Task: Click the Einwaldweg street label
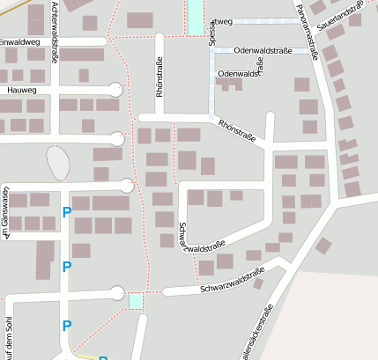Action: click(20, 41)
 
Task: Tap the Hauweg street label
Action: click(20, 89)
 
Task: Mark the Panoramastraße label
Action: click(308, 30)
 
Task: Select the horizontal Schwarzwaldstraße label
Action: click(231, 285)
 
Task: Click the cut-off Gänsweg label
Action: click(5, 214)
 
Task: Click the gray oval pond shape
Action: click(57, 162)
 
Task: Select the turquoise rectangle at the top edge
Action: click(195, 16)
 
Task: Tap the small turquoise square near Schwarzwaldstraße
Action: click(135, 301)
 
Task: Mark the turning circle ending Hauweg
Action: click(116, 89)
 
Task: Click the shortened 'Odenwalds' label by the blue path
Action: click(237, 73)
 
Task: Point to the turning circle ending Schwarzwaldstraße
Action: click(116, 293)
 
